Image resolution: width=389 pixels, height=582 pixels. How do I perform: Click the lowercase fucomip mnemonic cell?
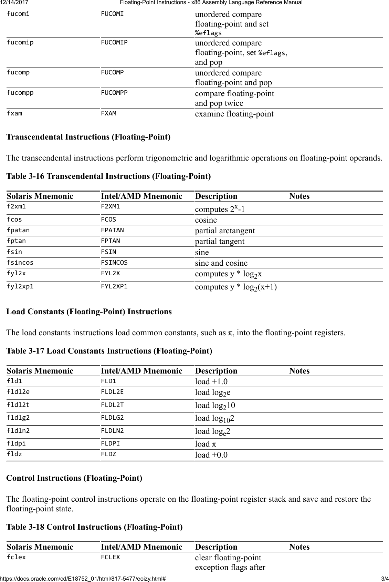[x=20, y=43]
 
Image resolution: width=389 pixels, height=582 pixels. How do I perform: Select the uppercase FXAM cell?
[x=108, y=113]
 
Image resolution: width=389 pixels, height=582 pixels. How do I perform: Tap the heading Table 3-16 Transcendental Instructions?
[x=108, y=176]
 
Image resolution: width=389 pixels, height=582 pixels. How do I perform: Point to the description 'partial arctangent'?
[x=225, y=231]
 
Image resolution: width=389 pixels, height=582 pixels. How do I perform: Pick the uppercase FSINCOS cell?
[x=114, y=263]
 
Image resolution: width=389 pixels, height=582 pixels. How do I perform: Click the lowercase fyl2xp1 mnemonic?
[x=20, y=286]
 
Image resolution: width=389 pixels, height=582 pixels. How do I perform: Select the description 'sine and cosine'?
[x=221, y=263]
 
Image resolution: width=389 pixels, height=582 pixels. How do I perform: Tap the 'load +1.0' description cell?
[x=211, y=382]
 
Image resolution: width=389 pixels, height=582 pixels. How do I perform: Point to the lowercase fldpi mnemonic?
[x=16, y=443]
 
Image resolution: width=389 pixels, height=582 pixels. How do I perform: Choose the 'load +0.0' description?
[x=211, y=455]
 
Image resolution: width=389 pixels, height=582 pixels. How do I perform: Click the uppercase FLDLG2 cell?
[x=112, y=418]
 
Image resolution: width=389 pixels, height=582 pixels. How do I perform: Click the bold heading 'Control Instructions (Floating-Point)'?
[x=74, y=478]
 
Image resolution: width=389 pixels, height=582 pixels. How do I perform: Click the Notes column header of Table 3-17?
[x=299, y=371]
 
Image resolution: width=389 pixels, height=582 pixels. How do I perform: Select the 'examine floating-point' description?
[x=234, y=114]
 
